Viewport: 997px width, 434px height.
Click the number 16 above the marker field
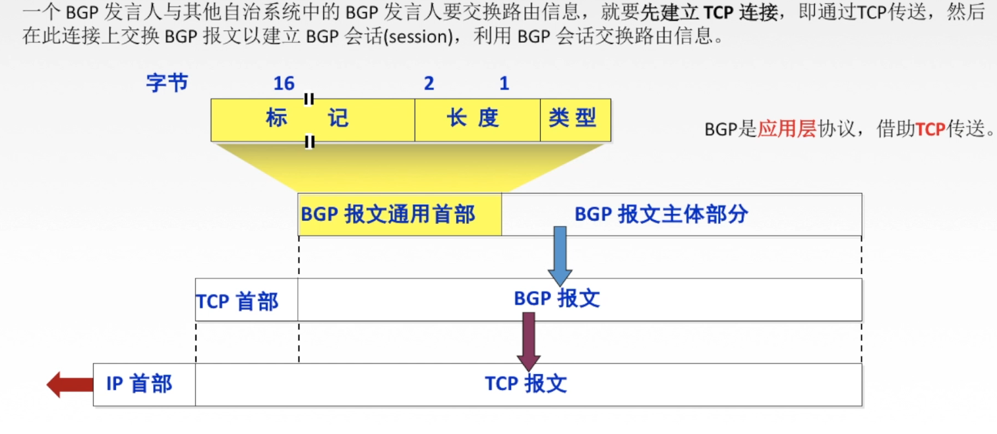(284, 84)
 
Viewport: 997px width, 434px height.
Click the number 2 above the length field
(429, 84)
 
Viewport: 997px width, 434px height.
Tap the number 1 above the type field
(504, 84)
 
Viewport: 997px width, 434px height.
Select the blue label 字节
(167, 83)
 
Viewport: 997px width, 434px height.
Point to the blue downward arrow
(560, 254)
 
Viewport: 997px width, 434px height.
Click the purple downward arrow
(528, 340)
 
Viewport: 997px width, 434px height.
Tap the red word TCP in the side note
(930, 129)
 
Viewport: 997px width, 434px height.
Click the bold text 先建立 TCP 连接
(710, 12)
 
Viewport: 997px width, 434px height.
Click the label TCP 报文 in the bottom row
(526, 384)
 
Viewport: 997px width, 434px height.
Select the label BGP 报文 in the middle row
(557, 298)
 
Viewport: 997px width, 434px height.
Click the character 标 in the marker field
(276, 119)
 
